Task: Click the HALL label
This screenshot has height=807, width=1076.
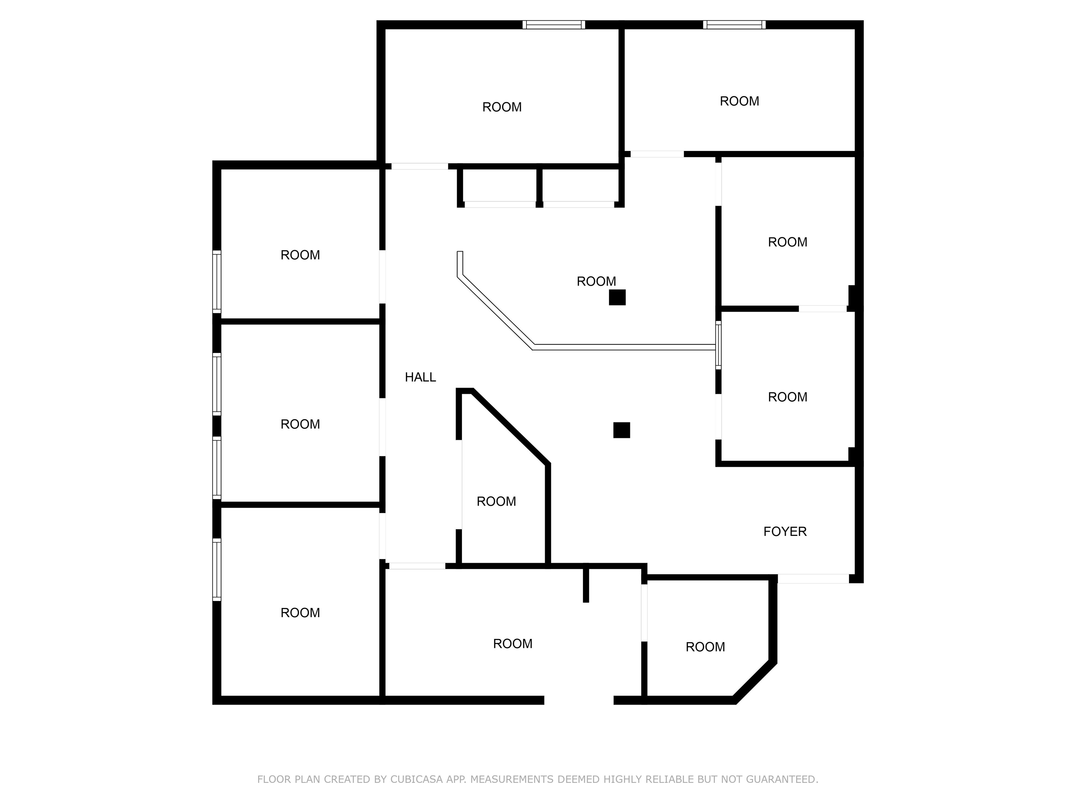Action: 420,377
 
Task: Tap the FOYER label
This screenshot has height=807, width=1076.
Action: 785,532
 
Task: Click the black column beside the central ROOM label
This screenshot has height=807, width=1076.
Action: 617,297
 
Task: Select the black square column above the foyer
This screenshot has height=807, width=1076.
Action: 621,430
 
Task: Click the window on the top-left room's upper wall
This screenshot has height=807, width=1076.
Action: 553,25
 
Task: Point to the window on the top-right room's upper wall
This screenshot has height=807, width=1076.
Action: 734,25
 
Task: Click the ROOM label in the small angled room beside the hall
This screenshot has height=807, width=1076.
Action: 496,502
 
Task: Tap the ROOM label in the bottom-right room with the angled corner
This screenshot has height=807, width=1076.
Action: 705,647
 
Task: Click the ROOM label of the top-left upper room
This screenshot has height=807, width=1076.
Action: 502,107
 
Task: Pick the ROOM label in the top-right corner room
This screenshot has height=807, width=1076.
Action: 739,101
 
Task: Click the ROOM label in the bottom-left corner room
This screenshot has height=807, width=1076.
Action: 300,613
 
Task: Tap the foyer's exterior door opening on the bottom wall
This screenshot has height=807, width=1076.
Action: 813,579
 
